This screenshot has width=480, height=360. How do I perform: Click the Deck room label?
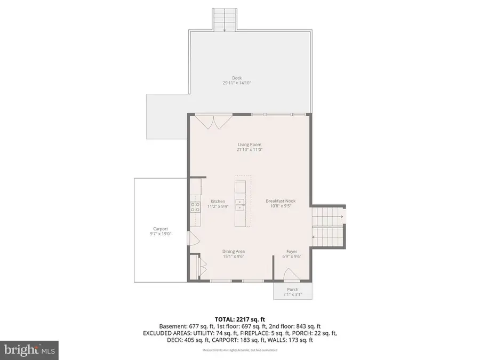pos(236,78)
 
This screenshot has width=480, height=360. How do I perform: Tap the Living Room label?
pos(249,145)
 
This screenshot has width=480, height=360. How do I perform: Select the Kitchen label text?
pos(218,201)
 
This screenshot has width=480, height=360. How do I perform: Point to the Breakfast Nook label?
pos(281,201)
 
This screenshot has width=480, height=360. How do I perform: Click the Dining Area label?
pos(233,252)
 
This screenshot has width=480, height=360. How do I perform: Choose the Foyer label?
pos(292,252)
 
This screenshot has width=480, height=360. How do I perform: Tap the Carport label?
pos(161,229)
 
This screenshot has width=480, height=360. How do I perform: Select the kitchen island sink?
pos(241,203)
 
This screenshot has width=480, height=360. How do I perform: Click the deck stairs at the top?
pos(224,20)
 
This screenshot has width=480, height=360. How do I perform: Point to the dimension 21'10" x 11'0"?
pos(249,150)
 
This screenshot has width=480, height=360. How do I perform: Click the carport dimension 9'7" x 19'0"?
pos(161,234)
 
